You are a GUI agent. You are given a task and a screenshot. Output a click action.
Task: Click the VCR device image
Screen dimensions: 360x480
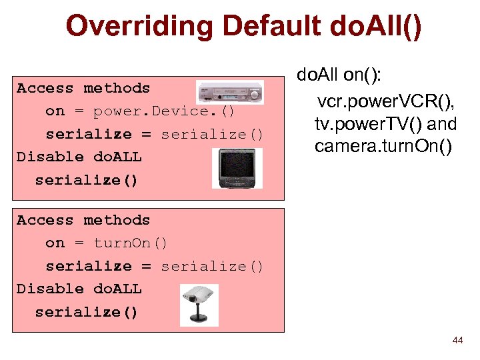[x=230, y=93]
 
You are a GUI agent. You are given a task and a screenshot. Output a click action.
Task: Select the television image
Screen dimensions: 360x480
[x=237, y=167]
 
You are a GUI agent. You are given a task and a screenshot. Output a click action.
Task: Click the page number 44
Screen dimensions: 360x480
[x=457, y=341]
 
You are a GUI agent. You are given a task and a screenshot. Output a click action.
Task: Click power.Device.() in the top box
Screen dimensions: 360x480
[x=164, y=111]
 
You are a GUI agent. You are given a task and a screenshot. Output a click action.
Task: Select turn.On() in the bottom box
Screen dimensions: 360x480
[x=131, y=243]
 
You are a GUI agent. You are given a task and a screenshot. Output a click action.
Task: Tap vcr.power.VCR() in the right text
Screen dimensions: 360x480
[x=386, y=102]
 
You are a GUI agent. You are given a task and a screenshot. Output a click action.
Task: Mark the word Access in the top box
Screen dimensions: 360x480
[x=45, y=88]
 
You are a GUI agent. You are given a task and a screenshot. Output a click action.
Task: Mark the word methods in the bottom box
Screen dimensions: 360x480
[x=117, y=220]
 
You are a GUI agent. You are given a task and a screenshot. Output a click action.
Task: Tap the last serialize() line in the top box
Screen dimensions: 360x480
[x=86, y=180]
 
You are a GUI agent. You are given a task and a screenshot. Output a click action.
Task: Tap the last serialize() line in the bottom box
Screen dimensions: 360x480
[x=86, y=312]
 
